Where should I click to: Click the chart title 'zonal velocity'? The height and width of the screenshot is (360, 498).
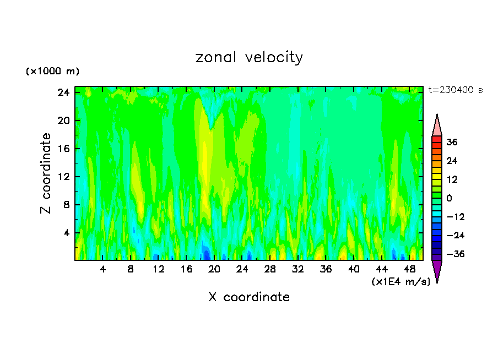click(249, 57)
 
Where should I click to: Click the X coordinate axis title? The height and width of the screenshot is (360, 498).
click(249, 297)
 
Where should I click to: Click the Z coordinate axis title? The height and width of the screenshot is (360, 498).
click(46, 173)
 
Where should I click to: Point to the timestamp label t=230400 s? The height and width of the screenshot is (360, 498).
click(455, 90)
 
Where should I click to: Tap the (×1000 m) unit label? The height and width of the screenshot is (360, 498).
click(52, 72)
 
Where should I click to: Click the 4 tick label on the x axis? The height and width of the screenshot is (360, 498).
click(102, 269)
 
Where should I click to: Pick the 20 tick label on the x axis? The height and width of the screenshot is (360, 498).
click(214, 269)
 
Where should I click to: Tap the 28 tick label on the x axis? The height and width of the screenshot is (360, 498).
click(270, 269)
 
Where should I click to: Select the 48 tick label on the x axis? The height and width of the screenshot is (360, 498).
click(409, 269)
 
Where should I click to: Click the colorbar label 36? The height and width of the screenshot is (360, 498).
click(452, 142)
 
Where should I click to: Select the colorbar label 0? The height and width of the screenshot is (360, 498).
click(448, 198)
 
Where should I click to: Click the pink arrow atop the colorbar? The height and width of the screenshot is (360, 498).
click(437, 126)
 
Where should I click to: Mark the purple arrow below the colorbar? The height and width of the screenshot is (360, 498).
click(437, 271)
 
